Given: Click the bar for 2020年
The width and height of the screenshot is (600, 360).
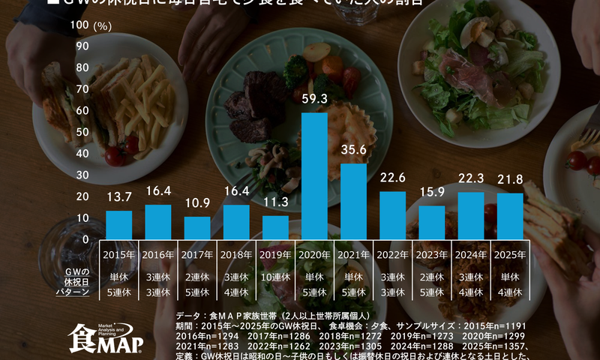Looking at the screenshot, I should tap(314, 175).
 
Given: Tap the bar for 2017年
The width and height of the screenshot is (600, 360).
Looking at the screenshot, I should tap(197, 227).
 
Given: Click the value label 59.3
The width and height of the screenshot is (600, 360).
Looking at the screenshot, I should tap(314, 98).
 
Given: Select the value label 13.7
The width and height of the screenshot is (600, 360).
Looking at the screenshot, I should tap(118, 196).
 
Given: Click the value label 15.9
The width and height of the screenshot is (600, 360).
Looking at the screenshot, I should tap(432, 192).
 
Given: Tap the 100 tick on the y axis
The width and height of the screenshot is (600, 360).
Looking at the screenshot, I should tap(79, 25).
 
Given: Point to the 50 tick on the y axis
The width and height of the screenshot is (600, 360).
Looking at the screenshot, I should tap(82, 132).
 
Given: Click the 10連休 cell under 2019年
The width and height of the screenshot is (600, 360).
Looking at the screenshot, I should tap(275, 276).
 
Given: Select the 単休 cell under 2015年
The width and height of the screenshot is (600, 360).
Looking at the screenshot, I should tap(118, 276).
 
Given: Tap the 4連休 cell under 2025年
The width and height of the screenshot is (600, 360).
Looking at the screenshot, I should tap(510, 292).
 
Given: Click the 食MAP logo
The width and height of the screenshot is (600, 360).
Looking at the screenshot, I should tap(100, 338).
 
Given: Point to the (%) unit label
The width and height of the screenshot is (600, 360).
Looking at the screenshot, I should tap(103, 25).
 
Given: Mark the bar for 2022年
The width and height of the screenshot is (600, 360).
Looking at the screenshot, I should tap(392, 214).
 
